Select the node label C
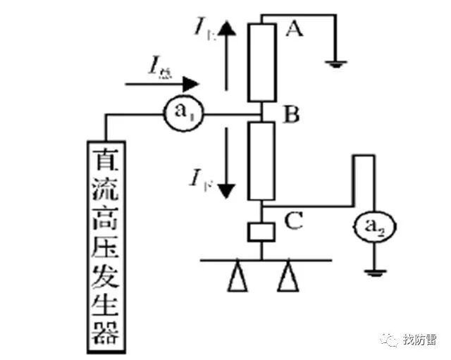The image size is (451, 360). pyautogui.click(x=292, y=221)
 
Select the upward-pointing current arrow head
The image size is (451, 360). pyautogui.click(x=226, y=28)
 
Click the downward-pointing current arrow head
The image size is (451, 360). pyautogui.click(x=226, y=188)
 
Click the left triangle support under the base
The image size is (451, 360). pyautogui.click(x=236, y=280)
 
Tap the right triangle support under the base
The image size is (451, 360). pyautogui.click(x=286, y=280)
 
